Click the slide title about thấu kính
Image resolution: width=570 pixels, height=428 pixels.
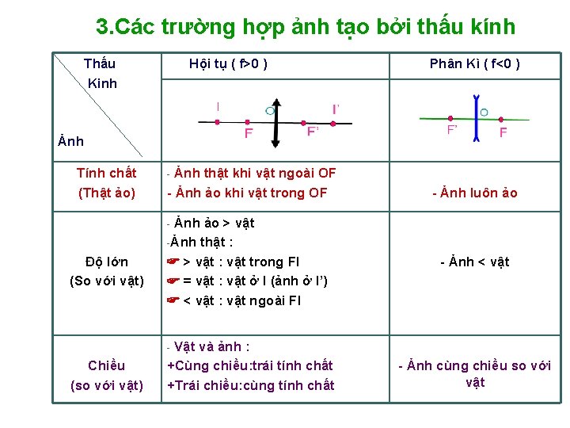click(x=305, y=27)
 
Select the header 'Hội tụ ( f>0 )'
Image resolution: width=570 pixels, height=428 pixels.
click(x=228, y=63)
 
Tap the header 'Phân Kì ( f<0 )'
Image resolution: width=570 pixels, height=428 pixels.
click(x=474, y=63)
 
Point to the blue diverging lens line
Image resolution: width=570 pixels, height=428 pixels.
click(x=476, y=120)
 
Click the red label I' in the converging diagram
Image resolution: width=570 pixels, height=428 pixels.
click(x=336, y=109)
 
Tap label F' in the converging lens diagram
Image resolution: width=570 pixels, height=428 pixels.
click(x=313, y=132)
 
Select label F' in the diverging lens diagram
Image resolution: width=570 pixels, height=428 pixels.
click(x=453, y=129)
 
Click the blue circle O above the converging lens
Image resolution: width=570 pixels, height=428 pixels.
click(x=271, y=110)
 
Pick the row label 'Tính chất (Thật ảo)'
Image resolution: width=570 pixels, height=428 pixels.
click(x=107, y=182)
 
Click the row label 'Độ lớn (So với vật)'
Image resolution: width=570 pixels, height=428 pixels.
click(x=107, y=271)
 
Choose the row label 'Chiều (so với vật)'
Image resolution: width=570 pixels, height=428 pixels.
click(x=107, y=375)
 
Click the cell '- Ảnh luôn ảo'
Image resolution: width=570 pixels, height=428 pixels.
click(x=474, y=193)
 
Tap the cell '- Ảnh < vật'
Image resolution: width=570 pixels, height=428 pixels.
click(x=474, y=262)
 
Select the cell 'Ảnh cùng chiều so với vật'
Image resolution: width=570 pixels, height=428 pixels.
click(x=474, y=374)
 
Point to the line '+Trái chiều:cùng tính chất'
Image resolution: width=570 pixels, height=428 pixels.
click(x=250, y=385)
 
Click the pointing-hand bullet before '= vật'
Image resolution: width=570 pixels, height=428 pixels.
click(x=173, y=281)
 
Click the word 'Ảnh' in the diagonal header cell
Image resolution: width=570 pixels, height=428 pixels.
click(x=71, y=141)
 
